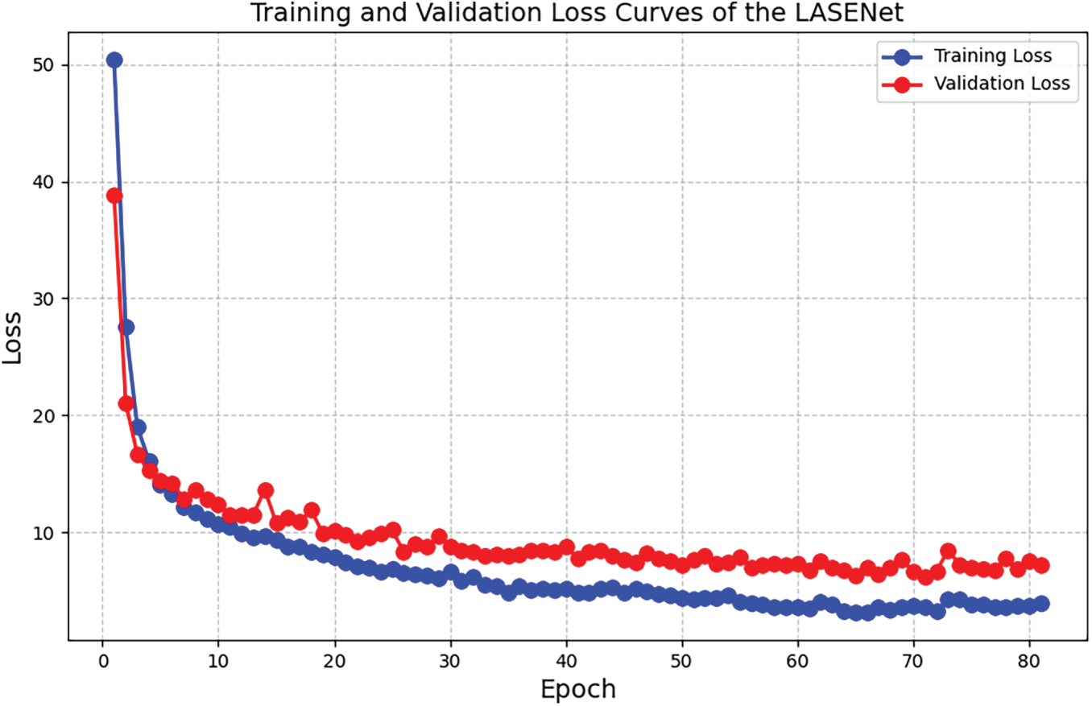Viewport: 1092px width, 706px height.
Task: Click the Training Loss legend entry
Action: coord(991,56)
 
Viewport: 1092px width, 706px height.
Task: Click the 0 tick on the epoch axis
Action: coord(102,661)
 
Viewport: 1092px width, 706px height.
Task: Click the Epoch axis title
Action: coord(577,689)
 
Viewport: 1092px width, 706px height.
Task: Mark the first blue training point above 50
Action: coord(114,60)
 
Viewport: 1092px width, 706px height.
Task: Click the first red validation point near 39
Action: coord(114,196)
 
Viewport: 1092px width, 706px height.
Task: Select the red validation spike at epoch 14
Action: coord(265,490)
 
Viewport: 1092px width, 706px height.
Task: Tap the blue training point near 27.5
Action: coord(126,327)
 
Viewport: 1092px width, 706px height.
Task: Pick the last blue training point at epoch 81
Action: coord(1041,604)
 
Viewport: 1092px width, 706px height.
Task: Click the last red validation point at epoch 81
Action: coord(1041,565)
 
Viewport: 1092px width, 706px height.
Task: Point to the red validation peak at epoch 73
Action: coord(948,551)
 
